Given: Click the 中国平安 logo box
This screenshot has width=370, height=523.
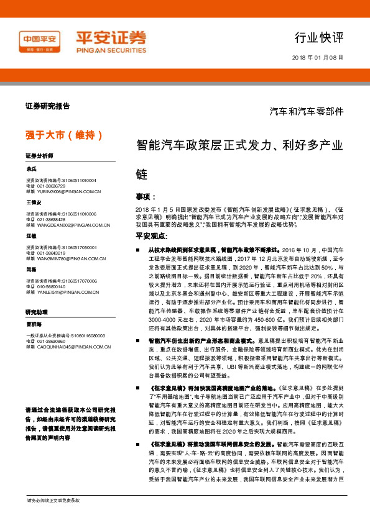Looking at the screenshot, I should [x=39, y=42].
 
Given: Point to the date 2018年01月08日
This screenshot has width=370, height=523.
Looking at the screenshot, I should [x=317, y=58].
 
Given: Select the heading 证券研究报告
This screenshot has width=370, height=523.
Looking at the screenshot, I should [x=47, y=106].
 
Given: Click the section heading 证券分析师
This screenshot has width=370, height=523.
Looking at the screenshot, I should [x=40, y=155].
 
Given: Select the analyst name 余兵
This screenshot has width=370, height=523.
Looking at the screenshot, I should [x=32, y=169].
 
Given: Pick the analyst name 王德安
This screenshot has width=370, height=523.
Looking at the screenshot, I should [x=34, y=202].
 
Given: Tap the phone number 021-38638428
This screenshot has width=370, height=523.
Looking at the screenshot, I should [x=50, y=219].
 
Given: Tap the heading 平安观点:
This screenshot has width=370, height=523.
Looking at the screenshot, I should [x=152, y=236].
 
